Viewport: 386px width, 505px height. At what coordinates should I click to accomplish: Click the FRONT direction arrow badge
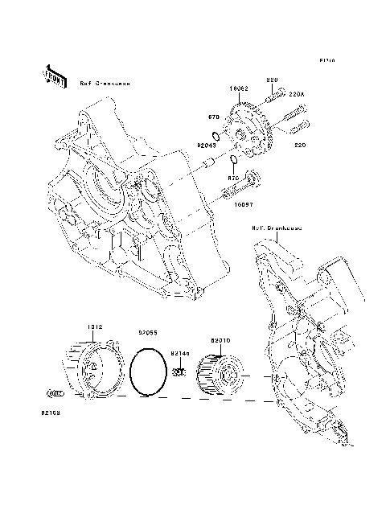(x=55, y=75)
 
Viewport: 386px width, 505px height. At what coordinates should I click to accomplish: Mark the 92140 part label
(x=180, y=352)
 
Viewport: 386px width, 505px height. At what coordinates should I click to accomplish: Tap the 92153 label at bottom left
(x=51, y=413)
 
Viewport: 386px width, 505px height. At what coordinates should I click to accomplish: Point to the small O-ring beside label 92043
(x=216, y=134)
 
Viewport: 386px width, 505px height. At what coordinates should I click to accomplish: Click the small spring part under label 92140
(x=180, y=372)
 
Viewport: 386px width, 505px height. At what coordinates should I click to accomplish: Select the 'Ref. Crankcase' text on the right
(x=277, y=228)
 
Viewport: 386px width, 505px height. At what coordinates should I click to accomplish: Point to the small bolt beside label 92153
(x=55, y=393)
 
